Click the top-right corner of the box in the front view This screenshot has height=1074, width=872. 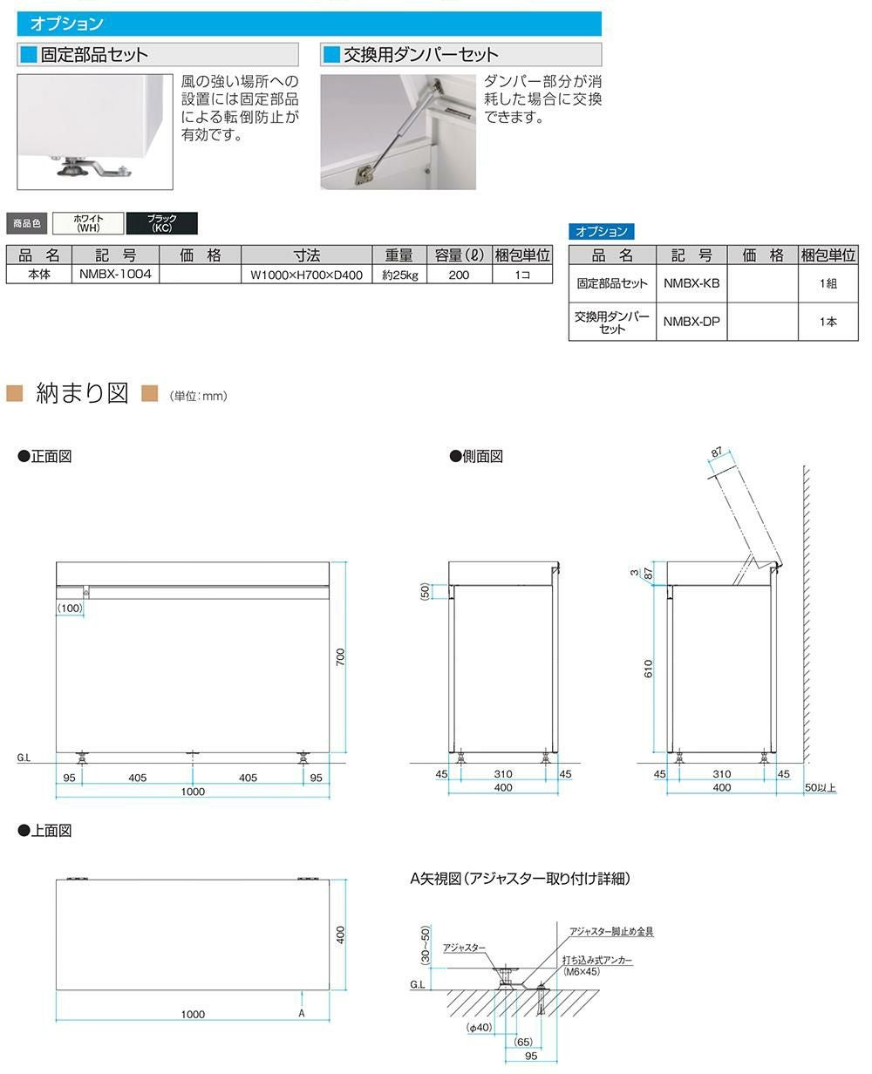point(329,562)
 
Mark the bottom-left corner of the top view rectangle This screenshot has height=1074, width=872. point(56,989)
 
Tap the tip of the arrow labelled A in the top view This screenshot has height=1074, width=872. point(302,991)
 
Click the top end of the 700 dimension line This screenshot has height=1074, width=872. point(346,562)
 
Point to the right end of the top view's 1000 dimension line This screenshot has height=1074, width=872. point(330,1020)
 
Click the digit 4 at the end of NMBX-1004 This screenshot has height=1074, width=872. point(147,274)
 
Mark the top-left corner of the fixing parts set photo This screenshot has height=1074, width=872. point(17,75)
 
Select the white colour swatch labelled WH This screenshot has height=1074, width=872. point(88,223)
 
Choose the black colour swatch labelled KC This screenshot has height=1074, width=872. point(162,223)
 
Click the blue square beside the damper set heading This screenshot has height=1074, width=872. point(331,54)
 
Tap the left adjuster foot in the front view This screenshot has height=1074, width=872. point(81,758)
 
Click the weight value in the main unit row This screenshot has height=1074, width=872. point(400,275)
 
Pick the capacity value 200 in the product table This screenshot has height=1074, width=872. point(459,275)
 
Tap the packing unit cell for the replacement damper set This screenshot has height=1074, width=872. point(828,322)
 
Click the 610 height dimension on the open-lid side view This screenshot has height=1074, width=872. point(649,668)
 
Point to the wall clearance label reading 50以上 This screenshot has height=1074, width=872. point(820,787)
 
